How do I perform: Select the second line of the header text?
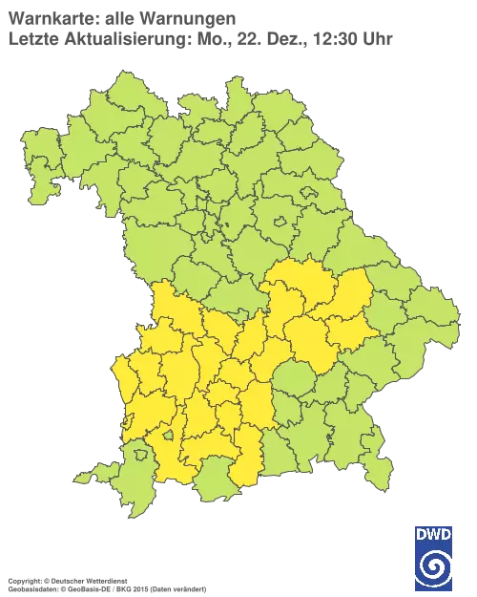(x=200, y=38)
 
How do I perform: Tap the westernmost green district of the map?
(x=38, y=162)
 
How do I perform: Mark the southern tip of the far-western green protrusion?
(x=36, y=200)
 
